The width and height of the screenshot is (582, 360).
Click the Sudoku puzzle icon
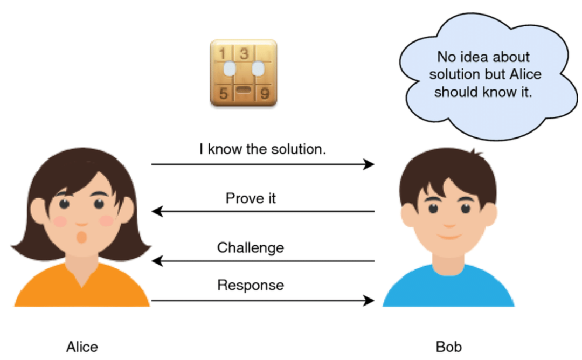click(x=244, y=73)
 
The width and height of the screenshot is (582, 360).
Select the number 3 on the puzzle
click(x=244, y=53)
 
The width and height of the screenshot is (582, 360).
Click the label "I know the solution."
click(x=262, y=149)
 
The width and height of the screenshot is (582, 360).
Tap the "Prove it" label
click(x=251, y=198)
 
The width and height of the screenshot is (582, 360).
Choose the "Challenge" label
click(x=251, y=247)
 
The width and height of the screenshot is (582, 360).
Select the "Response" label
click(x=251, y=285)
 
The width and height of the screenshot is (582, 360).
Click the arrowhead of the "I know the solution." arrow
click(x=370, y=164)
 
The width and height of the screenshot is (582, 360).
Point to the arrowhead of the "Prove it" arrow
click(x=157, y=211)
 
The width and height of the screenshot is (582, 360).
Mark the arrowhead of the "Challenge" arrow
click(x=157, y=261)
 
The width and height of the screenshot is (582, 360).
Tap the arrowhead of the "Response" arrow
click(x=370, y=300)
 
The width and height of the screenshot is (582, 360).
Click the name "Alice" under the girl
click(x=82, y=347)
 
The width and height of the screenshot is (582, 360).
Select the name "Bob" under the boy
click(x=449, y=347)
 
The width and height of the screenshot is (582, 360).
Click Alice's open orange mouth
click(x=81, y=237)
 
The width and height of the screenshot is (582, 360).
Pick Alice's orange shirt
click(x=81, y=291)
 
